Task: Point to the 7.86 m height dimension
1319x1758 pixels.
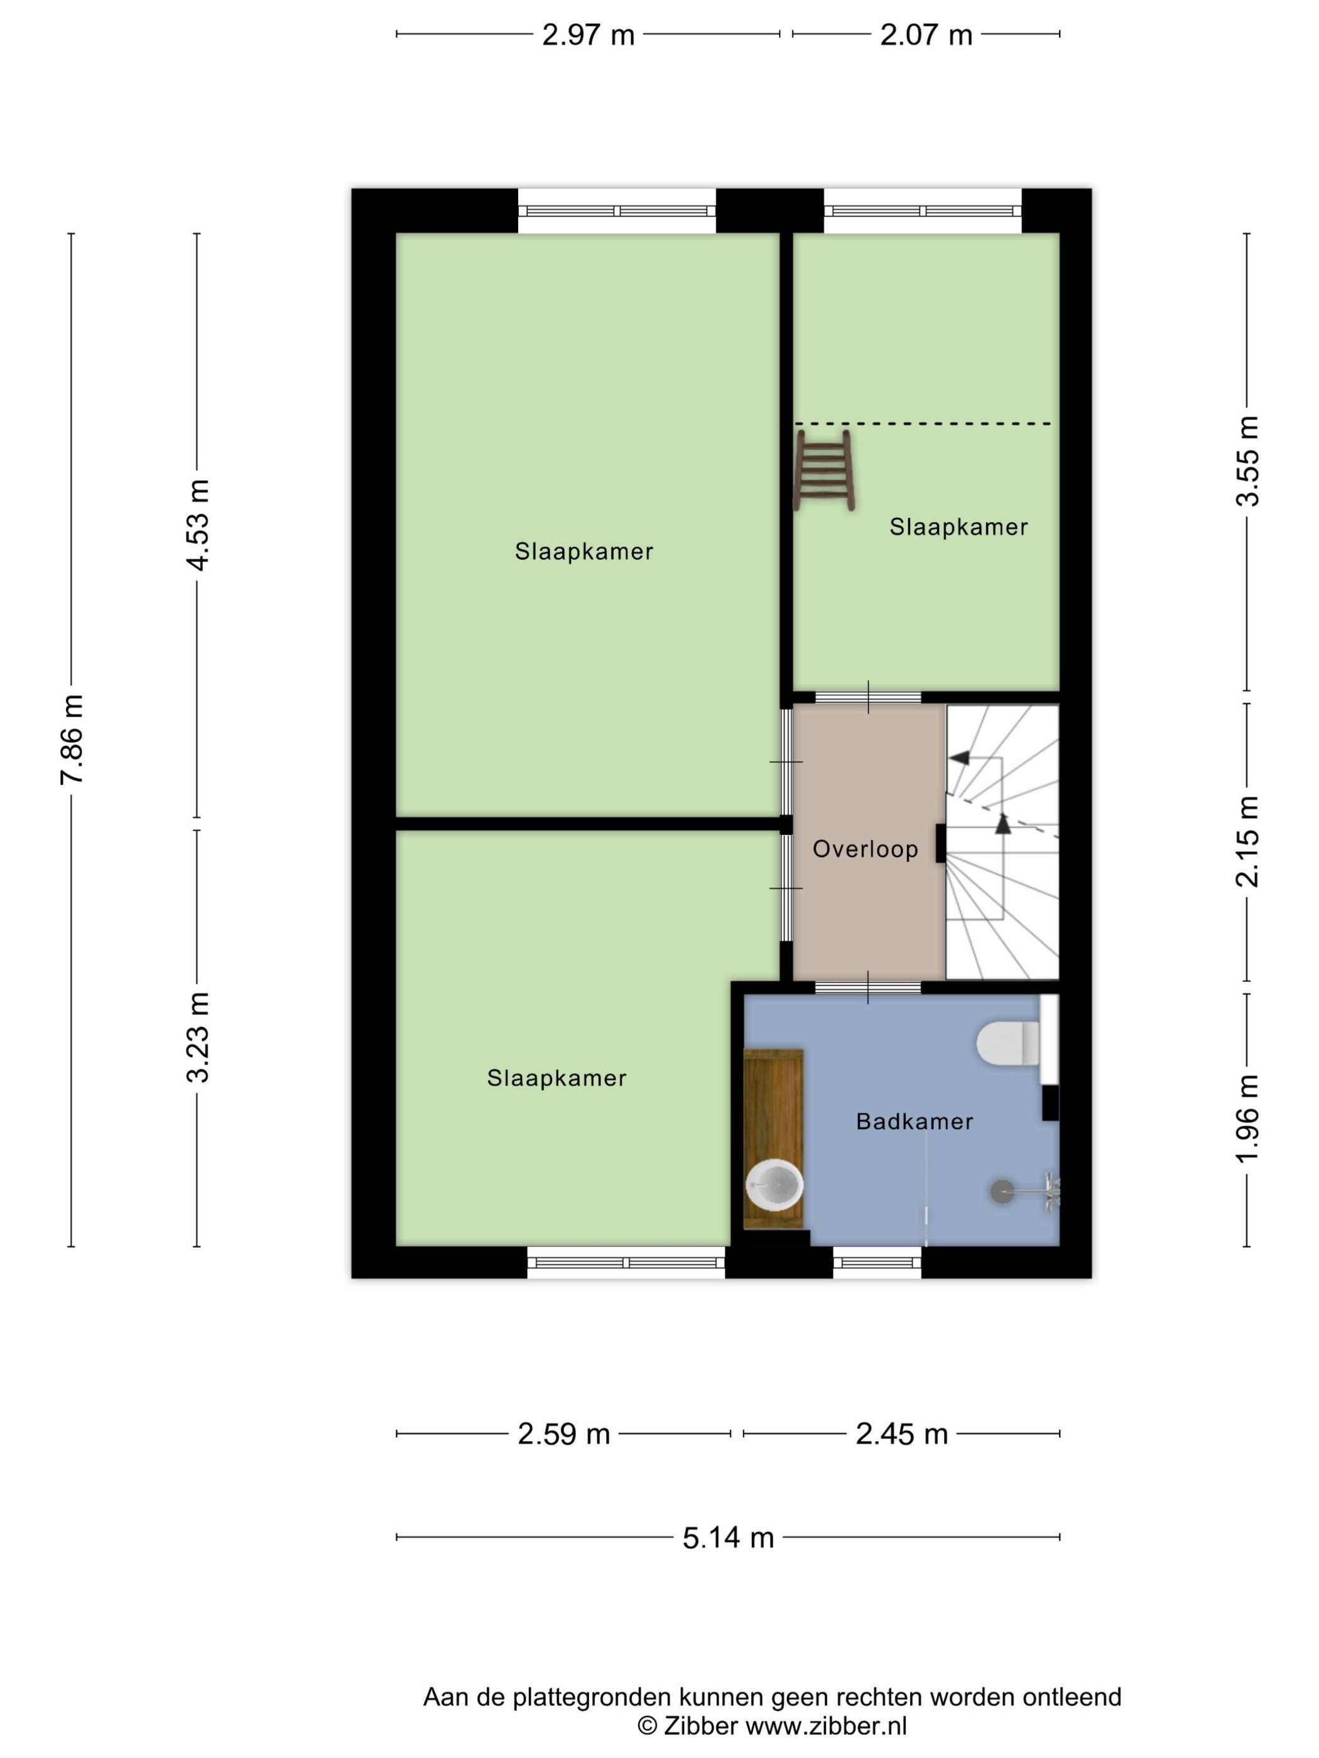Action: (72, 739)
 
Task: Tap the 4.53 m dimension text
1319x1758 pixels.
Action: (197, 524)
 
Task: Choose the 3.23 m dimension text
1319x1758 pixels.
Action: (197, 1037)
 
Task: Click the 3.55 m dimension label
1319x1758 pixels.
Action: (1247, 461)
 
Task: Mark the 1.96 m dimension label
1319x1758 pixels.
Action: (1247, 1118)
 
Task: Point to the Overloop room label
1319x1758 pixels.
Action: (865, 849)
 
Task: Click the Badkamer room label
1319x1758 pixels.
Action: (915, 1121)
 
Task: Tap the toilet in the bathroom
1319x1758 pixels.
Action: (1007, 1043)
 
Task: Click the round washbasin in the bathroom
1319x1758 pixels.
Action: (774, 1184)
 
